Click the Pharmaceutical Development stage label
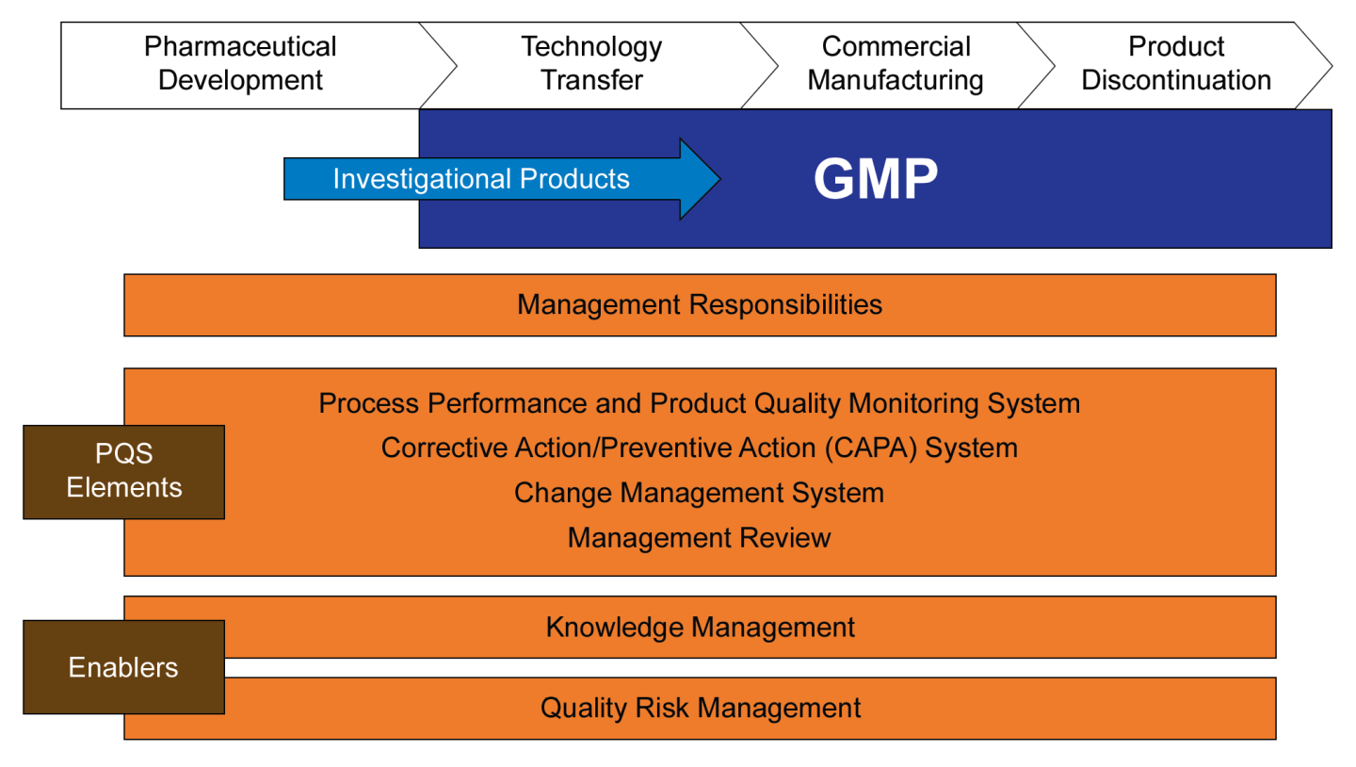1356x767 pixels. [x=240, y=63]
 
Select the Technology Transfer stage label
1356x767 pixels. [x=591, y=63]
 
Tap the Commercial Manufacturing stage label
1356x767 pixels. [x=896, y=63]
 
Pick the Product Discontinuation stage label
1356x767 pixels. [x=1176, y=63]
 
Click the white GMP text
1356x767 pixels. [x=876, y=179]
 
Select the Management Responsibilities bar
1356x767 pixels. [x=700, y=304]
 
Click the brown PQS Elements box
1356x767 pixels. [x=123, y=471]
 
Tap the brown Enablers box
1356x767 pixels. [x=123, y=667]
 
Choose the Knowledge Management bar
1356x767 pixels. [x=700, y=627]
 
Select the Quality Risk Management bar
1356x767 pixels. [x=700, y=708]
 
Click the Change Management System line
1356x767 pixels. [x=699, y=493]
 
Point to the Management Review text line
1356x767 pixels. [x=699, y=538]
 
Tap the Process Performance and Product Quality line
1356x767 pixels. [x=699, y=403]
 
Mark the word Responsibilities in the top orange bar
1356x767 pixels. [x=783, y=304]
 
